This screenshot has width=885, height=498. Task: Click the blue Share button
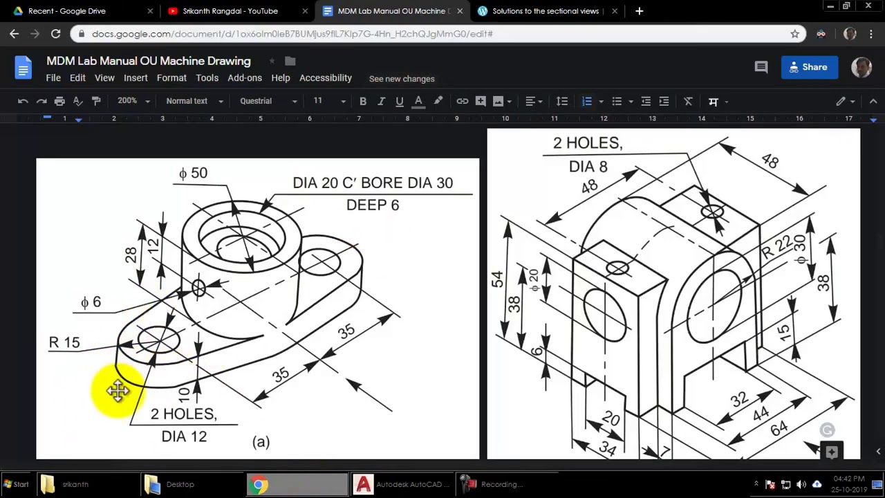(809, 67)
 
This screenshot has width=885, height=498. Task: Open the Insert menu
(136, 78)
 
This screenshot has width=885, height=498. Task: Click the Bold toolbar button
(362, 101)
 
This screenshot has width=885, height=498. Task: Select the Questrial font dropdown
(268, 101)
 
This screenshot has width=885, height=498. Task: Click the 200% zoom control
(133, 101)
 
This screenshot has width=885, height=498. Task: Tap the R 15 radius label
(64, 342)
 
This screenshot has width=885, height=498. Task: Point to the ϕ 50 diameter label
(193, 173)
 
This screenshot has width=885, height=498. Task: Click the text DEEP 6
(373, 205)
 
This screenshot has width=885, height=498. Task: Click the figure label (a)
(261, 442)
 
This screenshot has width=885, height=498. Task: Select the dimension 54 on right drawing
(497, 279)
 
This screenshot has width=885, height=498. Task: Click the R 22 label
(776, 247)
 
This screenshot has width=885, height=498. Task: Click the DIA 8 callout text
(588, 167)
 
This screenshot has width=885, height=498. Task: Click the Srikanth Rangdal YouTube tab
(230, 11)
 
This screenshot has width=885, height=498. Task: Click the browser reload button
(55, 33)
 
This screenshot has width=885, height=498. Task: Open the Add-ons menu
(245, 78)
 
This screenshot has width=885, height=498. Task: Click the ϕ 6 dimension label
(91, 302)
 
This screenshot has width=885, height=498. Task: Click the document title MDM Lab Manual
(149, 61)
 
